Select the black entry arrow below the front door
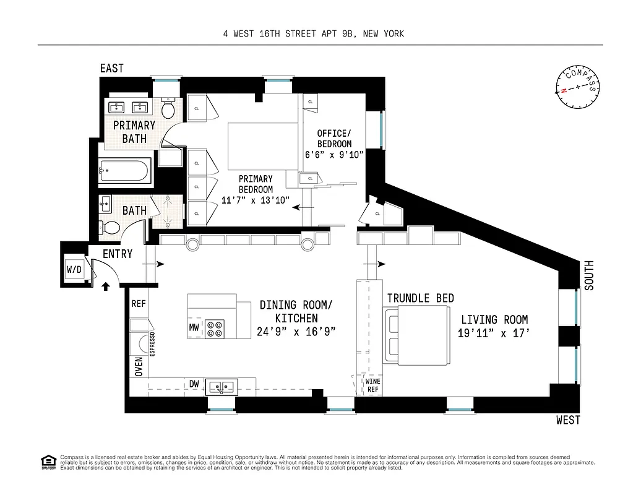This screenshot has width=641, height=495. (105, 286)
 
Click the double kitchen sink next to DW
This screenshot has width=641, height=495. (222, 387)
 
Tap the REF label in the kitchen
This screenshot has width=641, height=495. (139, 304)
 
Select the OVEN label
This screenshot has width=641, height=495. (138, 366)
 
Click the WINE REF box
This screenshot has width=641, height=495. (373, 385)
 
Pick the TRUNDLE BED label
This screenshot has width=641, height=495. (420, 298)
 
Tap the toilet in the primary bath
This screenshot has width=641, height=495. (168, 110)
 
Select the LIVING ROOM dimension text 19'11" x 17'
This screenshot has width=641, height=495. (494, 334)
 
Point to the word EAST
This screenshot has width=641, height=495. (112, 69)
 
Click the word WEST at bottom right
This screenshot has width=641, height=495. (568, 421)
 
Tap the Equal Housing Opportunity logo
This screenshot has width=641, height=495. (47, 462)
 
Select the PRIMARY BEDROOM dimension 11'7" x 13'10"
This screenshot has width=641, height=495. (256, 200)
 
